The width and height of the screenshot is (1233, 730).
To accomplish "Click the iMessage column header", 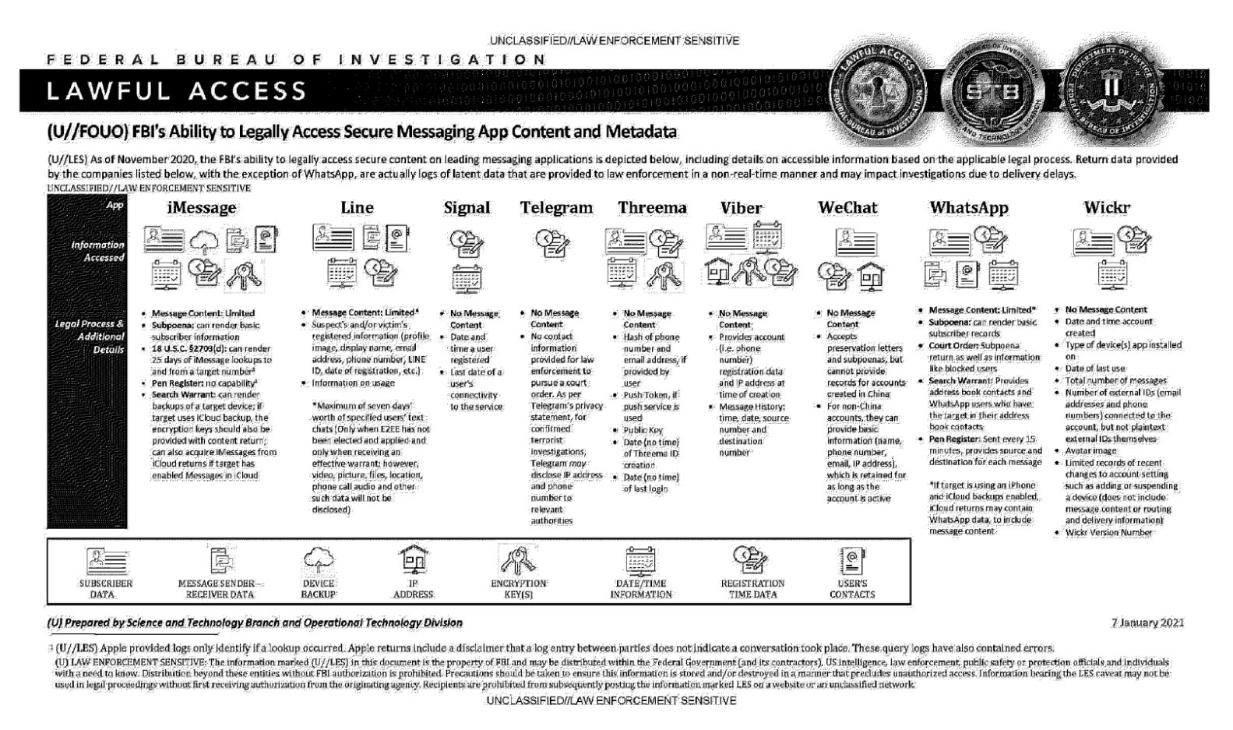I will tap(201, 208).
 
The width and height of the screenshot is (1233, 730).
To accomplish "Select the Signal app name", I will tap(467, 208).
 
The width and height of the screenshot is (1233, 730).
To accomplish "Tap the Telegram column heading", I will tap(556, 208).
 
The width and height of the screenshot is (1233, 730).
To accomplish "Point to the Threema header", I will tap(652, 208).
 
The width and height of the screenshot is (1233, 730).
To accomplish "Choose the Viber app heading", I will tap(741, 208).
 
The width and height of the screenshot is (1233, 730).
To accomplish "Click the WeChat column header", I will tap(847, 208).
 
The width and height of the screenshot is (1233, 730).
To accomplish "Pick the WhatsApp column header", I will tap(968, 208).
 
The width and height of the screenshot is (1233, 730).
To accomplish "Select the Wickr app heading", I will tap(1106, 208).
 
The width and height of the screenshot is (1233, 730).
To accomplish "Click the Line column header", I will tap(357, 208).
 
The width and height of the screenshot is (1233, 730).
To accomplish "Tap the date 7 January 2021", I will tap(1148, 622).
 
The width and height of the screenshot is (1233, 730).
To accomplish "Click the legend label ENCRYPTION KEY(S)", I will tap(518, 588).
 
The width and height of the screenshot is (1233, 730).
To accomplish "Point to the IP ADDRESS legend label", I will tap(413, 588).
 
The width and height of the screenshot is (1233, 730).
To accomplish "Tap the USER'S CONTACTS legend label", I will tap(852, 588).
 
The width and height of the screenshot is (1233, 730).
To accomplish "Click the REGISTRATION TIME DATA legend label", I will tap(752, 588).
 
